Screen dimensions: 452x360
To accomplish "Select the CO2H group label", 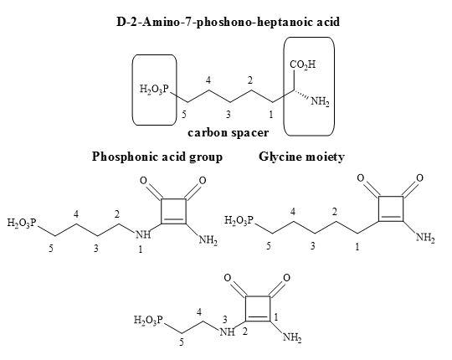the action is (303, 64).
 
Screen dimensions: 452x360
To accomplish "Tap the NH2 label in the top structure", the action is (320, 102).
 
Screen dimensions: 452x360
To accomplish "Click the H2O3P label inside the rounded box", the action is (154, 89).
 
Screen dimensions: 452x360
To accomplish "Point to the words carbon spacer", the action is (228, 133).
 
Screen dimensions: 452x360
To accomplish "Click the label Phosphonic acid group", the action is (157, 157).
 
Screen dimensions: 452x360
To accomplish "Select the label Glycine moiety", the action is (301, 157).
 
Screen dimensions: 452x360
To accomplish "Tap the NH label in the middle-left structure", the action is (143, 234).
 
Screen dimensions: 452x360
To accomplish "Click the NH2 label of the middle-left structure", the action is (208, 240).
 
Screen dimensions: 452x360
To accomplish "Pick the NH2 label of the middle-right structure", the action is (425, 238).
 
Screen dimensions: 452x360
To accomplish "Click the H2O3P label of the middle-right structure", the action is (239, 220).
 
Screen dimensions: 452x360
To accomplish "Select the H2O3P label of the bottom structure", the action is (149, 320).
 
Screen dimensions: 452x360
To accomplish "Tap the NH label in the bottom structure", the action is (228, 332).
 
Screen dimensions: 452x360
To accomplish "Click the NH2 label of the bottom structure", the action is (292, 337).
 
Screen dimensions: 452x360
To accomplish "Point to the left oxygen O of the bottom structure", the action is (228, 278).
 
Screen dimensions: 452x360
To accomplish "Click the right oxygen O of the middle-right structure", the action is (419, 177).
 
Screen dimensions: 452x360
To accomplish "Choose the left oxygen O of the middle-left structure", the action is (143, 181).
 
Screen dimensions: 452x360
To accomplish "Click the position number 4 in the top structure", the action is (208, 80).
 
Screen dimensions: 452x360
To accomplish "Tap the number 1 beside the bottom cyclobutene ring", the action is (276, 317).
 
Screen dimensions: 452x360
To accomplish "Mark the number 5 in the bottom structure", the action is (182, 342).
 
